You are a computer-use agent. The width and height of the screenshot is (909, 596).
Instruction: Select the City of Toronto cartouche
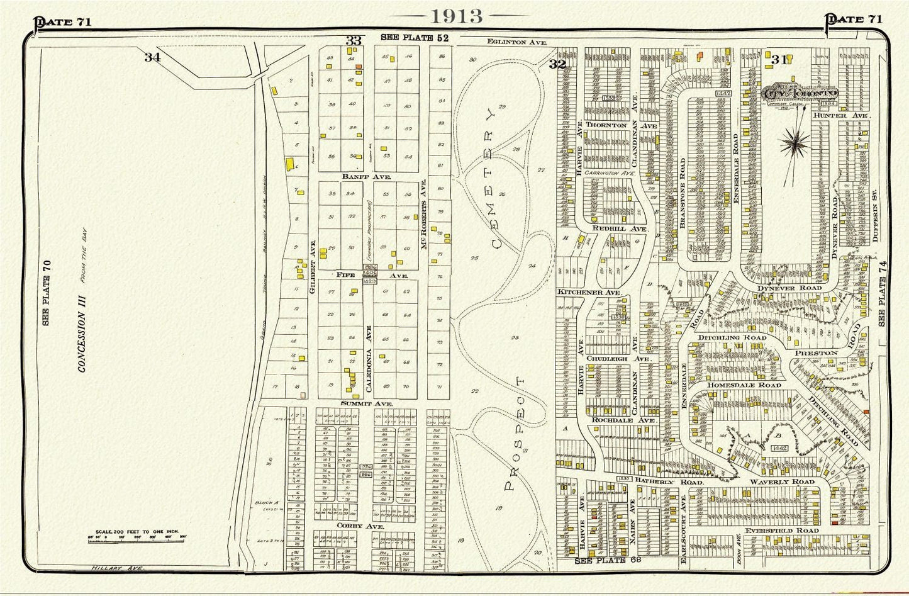click(x=800, y=94)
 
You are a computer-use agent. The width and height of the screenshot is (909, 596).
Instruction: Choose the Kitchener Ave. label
click(x=589, y=293)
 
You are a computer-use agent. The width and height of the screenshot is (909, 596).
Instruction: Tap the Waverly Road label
click(x=781, y=481)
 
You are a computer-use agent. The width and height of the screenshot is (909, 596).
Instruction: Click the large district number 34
click(x=152, y=57)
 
